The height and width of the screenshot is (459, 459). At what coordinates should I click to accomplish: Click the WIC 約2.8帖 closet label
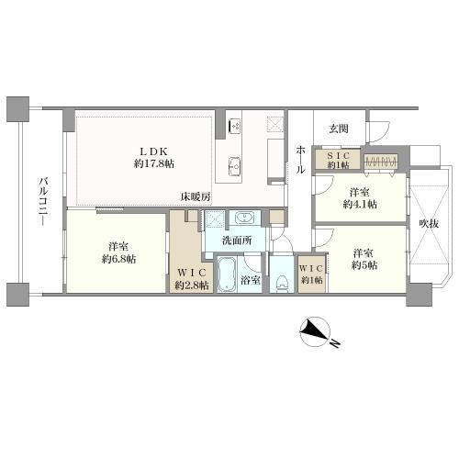click(192, 278)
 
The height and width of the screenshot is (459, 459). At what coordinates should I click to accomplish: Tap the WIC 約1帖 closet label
click(310, 274)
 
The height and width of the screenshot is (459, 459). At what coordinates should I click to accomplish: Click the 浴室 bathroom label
click(250, 279)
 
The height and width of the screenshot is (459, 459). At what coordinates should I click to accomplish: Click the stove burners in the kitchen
click(233, 125)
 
